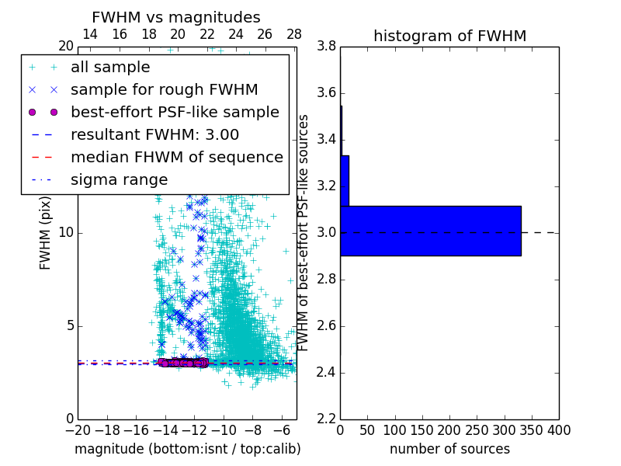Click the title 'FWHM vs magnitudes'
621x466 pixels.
pos(176,17)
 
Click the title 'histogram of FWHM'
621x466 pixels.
pos(449,36)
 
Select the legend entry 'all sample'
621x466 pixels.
pos(110,67)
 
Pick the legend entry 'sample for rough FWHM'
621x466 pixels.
pos(164,89)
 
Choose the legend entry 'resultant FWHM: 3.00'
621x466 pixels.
pos(154,134)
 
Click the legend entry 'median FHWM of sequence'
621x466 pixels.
pos(177,157)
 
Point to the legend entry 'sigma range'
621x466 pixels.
pos(119,179)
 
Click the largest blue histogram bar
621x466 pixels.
pos(430,231)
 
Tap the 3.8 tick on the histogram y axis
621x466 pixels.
pos(327,47)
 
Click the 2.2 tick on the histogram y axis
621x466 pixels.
pos(327,419)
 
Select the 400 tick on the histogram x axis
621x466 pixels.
pos(558,430)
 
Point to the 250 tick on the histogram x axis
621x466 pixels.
pos(477,430)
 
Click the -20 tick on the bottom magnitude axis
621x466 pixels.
pos(78,430)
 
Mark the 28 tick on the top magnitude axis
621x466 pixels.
pos(294,34)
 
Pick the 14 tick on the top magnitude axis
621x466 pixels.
pos(90,34)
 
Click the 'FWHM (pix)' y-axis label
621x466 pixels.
pos(46,232)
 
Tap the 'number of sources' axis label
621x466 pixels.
pos(449,449)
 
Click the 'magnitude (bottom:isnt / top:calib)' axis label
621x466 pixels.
pos(187,449)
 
